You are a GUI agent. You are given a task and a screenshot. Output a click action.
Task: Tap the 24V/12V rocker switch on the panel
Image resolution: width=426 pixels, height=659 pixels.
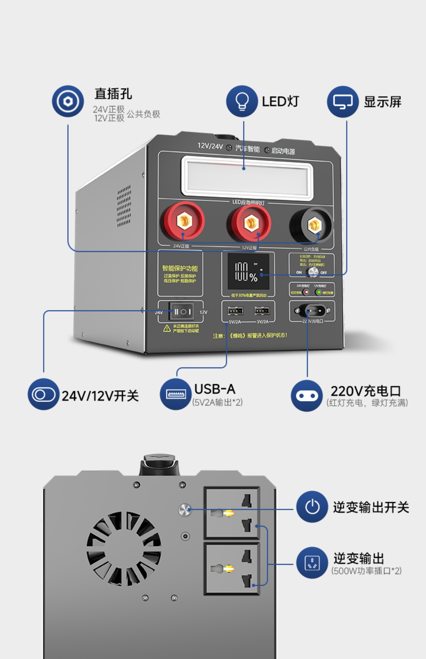(x=181, y=312)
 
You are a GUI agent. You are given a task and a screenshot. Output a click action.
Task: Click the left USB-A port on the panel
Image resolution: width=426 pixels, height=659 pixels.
(x=235, y=311)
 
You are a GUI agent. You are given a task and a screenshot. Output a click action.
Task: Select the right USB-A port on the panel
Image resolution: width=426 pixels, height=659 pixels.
(x=262, y=311)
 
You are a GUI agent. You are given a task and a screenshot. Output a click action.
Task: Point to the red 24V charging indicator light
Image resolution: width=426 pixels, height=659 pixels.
(x=306, y=292)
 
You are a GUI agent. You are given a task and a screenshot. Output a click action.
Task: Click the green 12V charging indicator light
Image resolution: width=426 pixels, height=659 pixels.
(x=319, y=292)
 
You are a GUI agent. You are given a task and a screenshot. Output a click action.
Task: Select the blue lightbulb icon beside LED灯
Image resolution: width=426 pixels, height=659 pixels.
(x=242, y=101)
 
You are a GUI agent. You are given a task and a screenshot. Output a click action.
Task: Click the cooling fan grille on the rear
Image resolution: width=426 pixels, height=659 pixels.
(x=124, y=548)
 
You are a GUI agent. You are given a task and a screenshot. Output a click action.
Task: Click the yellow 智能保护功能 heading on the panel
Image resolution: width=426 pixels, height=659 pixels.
(x=180, y=268)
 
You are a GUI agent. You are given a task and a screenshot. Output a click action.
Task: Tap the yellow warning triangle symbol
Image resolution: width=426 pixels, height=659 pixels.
(x=167, y=328)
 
